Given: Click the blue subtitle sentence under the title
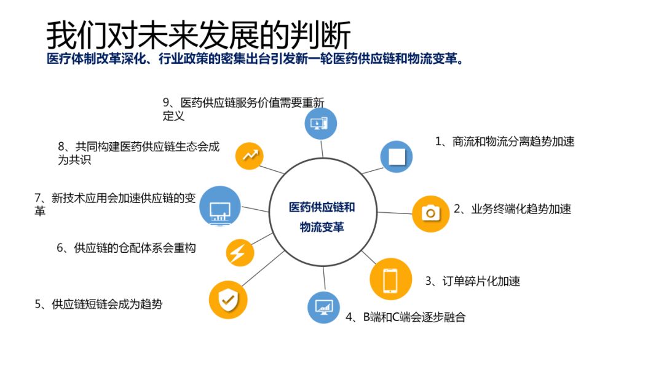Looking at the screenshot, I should pyautogui.click(x=255, y=60).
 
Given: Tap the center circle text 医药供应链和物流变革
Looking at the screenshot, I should pyautogui.click(x=322, y=217).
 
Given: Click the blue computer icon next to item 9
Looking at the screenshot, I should pyautogui.click(x=321, y=123).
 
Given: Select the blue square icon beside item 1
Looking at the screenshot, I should pyautogui.click(x=397, y=156).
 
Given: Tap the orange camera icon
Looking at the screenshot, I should pyautogui.click(x=431, y=213).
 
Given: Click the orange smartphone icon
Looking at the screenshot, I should pyautogui.click(x=390, y=279).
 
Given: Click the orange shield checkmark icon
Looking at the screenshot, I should pyautogui.click(x=228, y=300).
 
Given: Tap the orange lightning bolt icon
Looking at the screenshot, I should pyautogui.click(x=236, y=252).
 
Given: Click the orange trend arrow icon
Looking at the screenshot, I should pyautogui.click(x=250, y=156).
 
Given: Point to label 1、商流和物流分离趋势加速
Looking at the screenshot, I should pyautogui.click(x=505, y=141).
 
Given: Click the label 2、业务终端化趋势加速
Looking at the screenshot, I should pyautogui.click(x=512, y=209).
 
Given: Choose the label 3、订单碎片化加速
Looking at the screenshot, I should pyautogui.click(x=473, y=281).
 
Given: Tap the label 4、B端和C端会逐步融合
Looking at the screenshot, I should pyautogui.click(x=406, y=317).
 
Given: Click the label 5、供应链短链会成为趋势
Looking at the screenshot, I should pyautogui.click(x=99, y=303).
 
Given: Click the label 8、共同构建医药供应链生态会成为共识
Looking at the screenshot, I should pyautogui.click(x=138, y=153).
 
